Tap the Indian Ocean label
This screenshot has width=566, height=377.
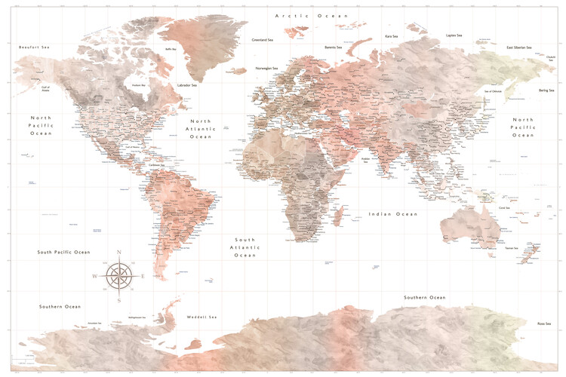point(392,214)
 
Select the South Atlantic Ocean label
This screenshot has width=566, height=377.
point(245,247)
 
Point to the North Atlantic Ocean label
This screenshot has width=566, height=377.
point(201,129)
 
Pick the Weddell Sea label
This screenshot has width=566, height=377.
point(201,317)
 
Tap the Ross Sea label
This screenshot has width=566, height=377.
point(543,323)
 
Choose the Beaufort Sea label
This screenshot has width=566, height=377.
point(34,48)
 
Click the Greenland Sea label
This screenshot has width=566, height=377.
point(262,40)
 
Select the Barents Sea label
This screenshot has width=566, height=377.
point(334,48)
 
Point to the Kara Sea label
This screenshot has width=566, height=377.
point(392,35)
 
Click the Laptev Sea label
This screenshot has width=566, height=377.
point(454,35)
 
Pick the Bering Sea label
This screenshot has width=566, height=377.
point(546,90)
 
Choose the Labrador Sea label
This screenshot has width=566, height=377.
point(187,85)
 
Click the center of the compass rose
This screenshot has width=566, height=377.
point(119,276)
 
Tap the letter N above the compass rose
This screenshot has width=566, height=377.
point(119,252)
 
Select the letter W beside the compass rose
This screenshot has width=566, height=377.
point(94,276)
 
